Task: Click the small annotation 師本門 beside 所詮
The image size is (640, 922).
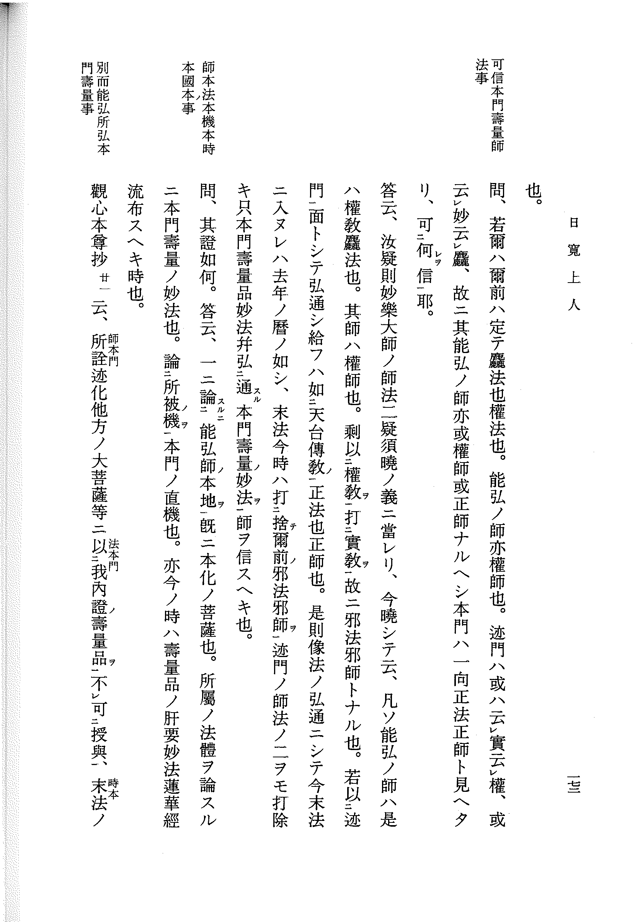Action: point(113,350)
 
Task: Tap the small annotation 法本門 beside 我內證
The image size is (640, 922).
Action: point(113,555)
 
